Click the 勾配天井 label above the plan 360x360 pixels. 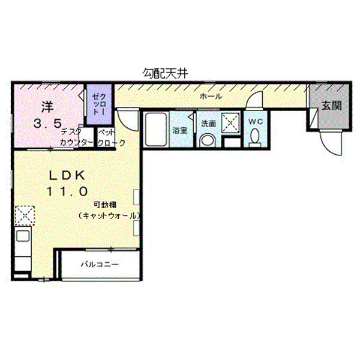coord(166,73)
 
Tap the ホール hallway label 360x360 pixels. coord(211,96)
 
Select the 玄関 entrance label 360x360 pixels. coord(331,106)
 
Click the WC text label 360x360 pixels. coord(256,121)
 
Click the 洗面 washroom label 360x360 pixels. coord(208,124)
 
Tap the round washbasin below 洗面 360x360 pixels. coord(208,141)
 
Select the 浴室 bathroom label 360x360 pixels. coord(180,130)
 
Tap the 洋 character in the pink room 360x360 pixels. coord(47,107)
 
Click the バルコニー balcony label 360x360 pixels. coord(100,264)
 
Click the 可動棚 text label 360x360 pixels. coord(101,204)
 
